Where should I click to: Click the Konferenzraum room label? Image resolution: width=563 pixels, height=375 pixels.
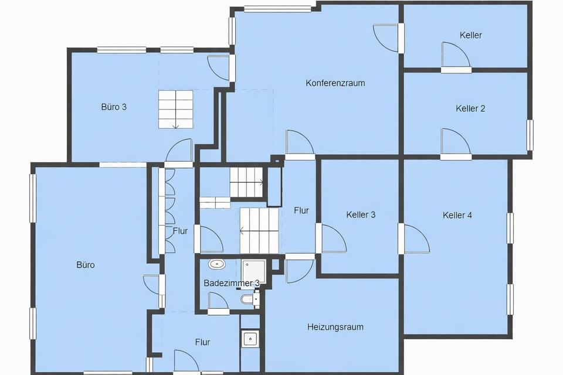coord(335,83)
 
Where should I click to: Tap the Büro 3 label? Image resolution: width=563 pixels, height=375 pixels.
coord(114,107)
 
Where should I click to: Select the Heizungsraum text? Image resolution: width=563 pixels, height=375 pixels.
coord(335,327)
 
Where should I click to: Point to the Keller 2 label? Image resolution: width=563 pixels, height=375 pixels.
coord(470,108)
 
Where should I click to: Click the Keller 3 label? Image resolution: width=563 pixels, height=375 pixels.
coord(361,214)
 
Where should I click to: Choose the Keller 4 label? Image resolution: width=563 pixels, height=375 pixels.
coord(457,215)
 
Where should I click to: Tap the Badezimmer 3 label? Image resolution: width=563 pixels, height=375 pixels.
coord(232,283)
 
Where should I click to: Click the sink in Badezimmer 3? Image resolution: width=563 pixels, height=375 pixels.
coord(216,264)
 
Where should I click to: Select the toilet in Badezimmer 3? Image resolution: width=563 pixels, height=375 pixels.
coord(247,299)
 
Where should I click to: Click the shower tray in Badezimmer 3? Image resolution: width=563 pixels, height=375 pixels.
coord(253,271)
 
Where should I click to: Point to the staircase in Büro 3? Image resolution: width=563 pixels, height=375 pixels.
coord(175,110)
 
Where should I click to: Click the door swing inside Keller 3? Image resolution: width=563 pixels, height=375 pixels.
coord(334,238)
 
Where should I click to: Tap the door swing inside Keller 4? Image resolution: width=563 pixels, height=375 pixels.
coord(417,239)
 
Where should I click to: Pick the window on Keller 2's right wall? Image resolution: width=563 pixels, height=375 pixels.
coord(530,135)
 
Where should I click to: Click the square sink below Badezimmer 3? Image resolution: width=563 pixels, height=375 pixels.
coord(250,339)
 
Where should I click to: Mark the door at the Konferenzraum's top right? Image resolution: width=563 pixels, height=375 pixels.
coord(386,37)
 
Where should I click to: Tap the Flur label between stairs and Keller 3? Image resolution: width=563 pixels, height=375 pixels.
coord(301,211)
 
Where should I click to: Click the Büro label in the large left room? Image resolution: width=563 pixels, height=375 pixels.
coord(86,265)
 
